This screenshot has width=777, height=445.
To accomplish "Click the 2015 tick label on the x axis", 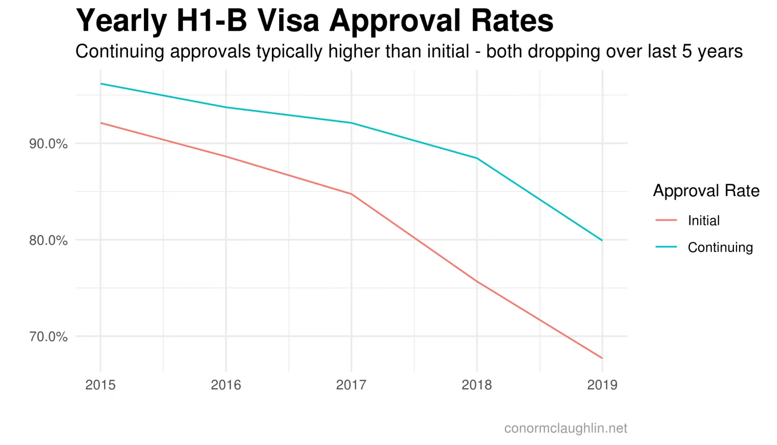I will pos(100,385).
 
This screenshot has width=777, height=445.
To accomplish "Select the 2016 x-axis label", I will pos(226,385).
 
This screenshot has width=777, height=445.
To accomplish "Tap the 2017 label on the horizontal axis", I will pos(351,385).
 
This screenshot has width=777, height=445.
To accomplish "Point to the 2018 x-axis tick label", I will pos(477,385).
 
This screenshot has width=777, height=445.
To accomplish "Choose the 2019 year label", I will pos(602,385).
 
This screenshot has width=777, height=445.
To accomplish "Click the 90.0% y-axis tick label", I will pos(48,144).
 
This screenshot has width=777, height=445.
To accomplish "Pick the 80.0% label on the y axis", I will pos(48,240).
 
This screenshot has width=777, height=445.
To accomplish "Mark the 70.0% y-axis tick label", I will pos(48,337).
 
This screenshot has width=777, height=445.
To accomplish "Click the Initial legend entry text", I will pos(703,220).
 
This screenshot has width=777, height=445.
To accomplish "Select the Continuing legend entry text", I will pos(720,247).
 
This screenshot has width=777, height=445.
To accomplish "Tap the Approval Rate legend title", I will pos(706,191).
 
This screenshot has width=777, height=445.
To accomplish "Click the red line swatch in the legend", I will pos(666,220).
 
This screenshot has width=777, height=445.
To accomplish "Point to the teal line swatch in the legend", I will pos(666,247).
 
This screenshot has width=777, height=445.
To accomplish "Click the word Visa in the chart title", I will pos(288,21).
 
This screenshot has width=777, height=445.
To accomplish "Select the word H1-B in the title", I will pos(211,21).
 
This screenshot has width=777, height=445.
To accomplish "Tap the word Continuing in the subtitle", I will pos(120,52).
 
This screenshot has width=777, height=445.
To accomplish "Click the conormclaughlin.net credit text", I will pos(565,428).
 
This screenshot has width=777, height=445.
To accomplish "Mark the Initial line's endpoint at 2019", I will pos(602,358).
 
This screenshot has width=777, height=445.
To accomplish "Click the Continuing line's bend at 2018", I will pos(477,158).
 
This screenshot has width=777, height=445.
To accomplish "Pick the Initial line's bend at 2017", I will pos(351,194).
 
